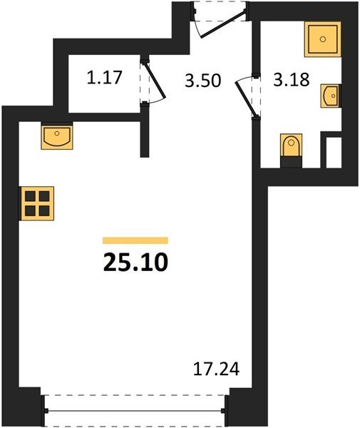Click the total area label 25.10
tap(135, 262)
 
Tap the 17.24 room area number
tap(216, 369)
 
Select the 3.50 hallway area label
tap(202, 81)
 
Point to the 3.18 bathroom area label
tap(292, 79)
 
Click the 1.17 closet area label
tap(104, 77)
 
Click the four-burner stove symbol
tap(37, 203)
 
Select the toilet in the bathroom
tap(292, 145)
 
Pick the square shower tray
tap(323, 39)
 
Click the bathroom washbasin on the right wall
tap(331, 96)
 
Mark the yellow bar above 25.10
tap(135, 240)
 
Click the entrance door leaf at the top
tap(223, 24)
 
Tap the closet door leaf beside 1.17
tap(155, 80)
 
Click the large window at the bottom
tap(135, 410)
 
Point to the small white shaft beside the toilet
tap(334, 153)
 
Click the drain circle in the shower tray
tap(323, 39)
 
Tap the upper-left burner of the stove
tap(30, 196)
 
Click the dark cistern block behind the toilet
tap(292, 162)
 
